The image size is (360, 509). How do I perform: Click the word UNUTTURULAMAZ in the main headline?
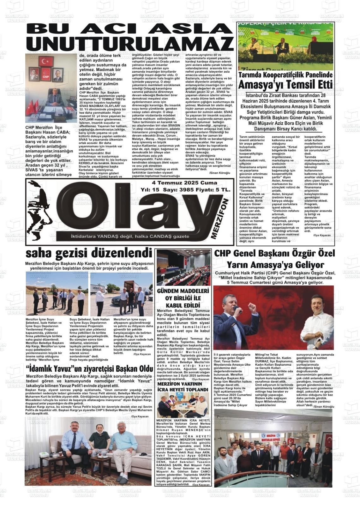(129, 43)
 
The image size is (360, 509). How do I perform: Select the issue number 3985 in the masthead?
(188, 190)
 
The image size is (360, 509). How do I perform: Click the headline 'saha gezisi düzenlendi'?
(89, 253)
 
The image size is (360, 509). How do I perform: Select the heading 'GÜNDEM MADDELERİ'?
(183, 291)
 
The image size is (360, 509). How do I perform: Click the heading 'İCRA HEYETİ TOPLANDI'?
(183, 390)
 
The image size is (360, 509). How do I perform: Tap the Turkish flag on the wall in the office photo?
(46, 61)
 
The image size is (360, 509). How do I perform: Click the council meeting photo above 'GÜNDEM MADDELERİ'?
(183, 267)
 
